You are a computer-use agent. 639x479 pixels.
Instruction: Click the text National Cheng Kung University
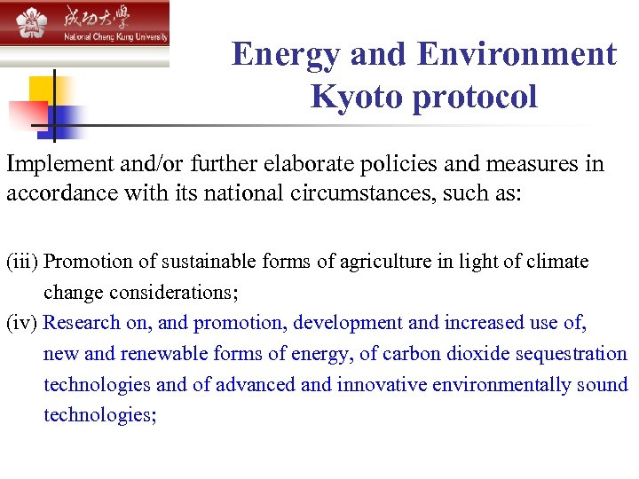pyautogui.click(x=114, y=37)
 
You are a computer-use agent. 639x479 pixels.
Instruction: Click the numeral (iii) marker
pyautogui.click(x=22, y=262)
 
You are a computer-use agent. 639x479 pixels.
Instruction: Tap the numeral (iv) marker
pyautogui.click(x=22, y=323)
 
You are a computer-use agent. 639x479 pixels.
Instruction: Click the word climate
pyautogui.click(x=556, y=262)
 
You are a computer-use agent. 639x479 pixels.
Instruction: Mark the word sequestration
pyautogui.click(x=573, y=354)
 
